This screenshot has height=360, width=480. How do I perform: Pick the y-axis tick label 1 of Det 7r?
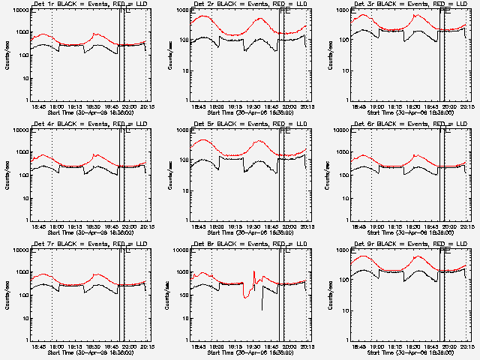point(26,339)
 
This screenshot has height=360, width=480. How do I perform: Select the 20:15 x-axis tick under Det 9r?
point(468,346)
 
